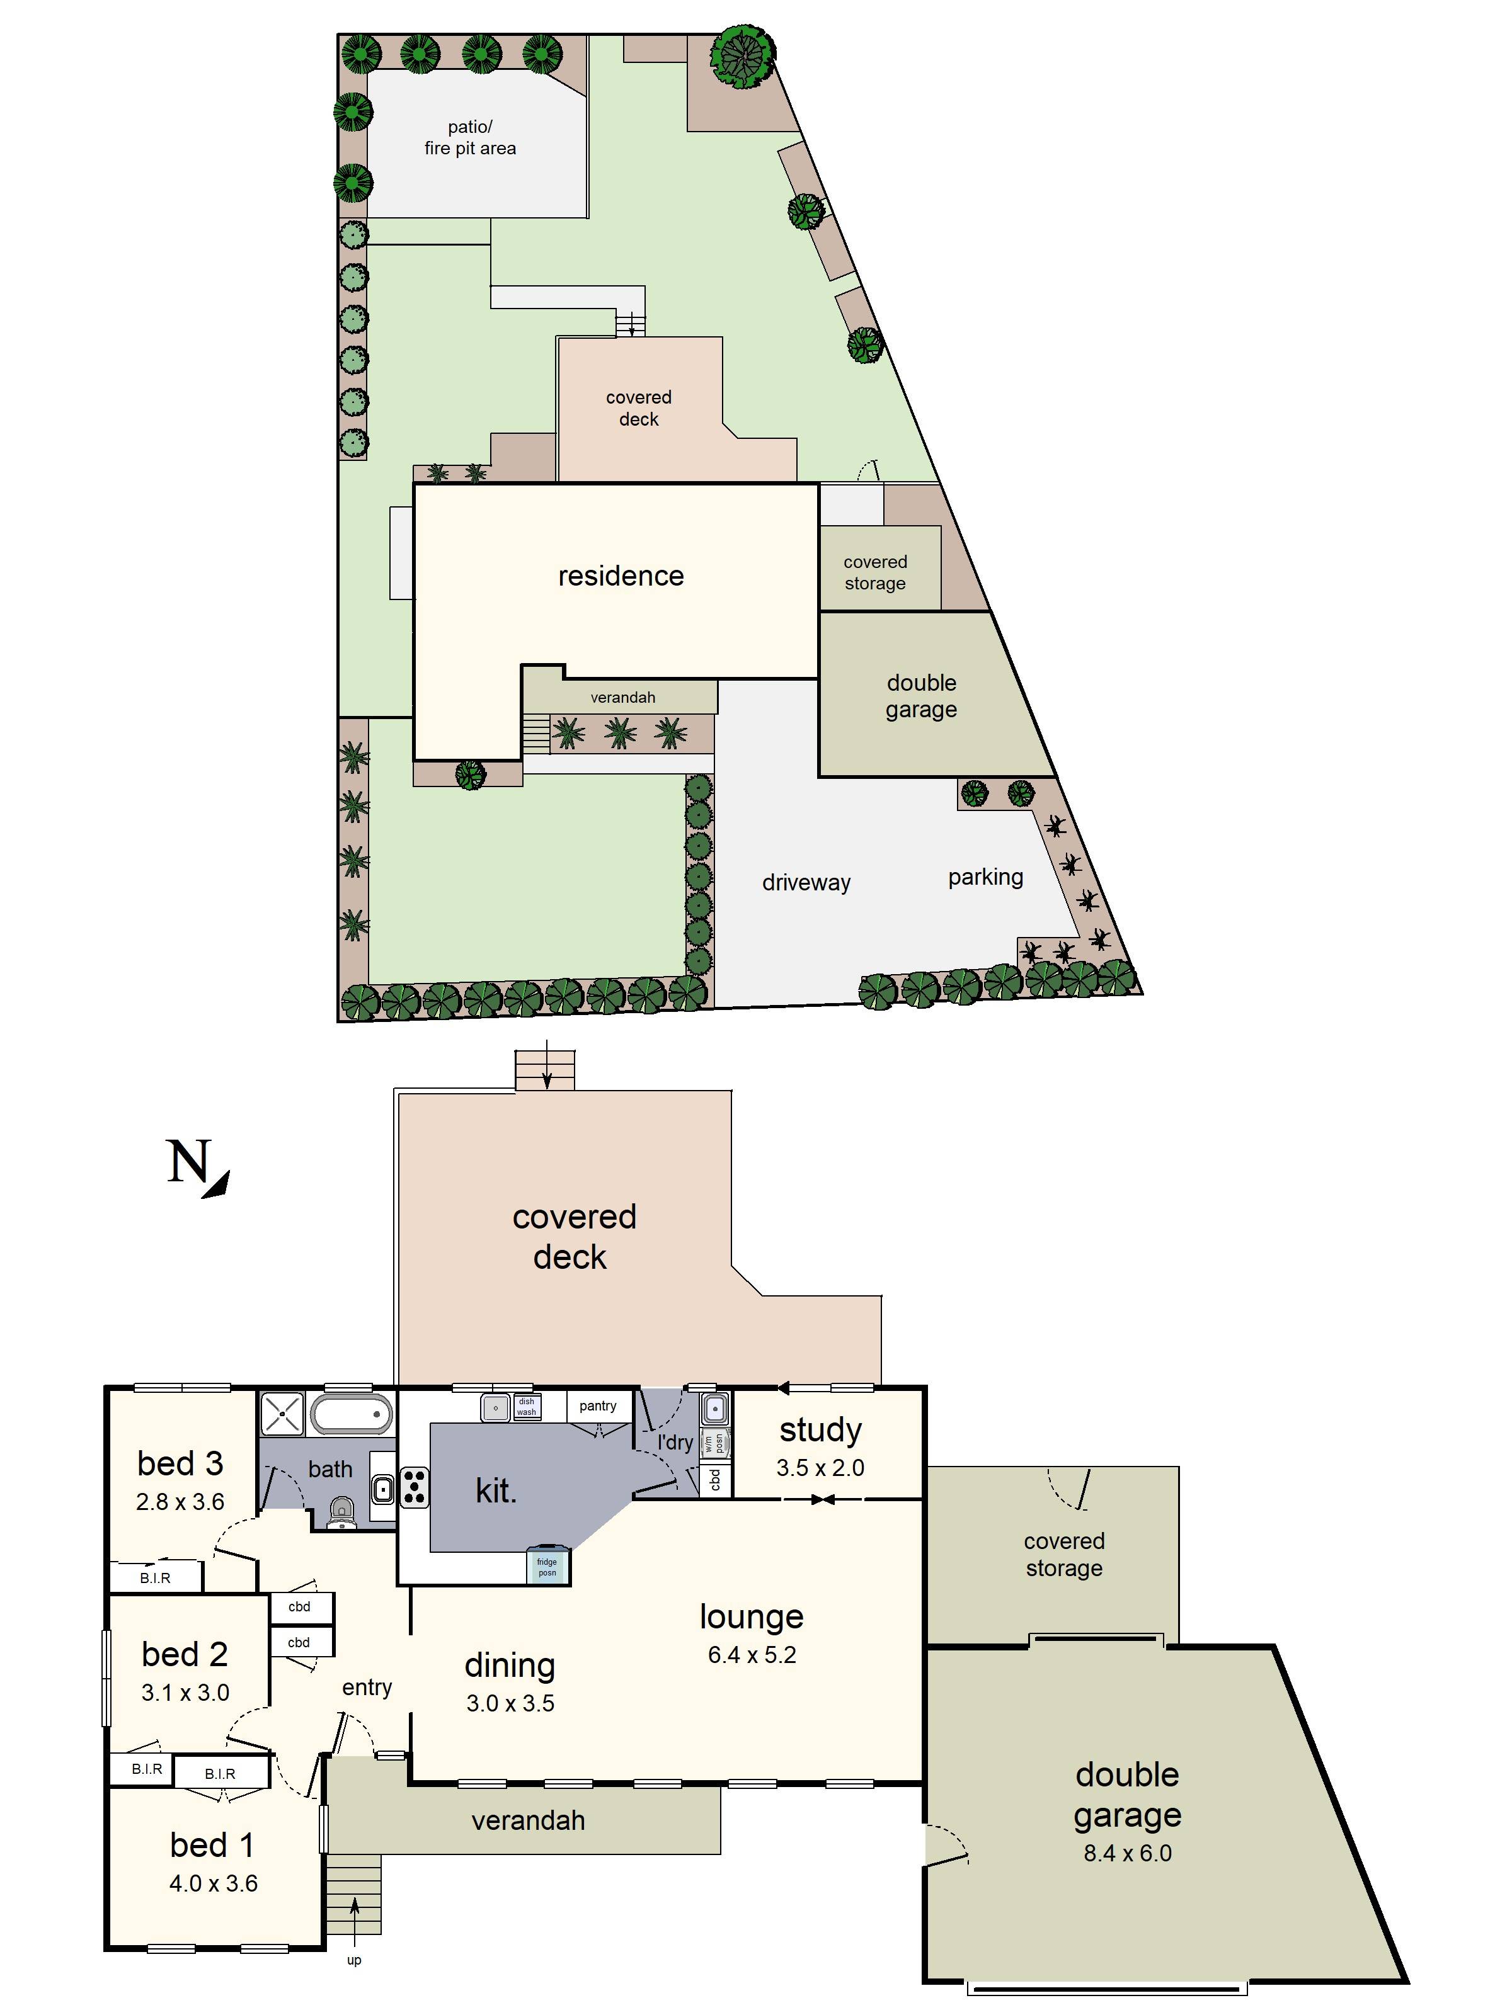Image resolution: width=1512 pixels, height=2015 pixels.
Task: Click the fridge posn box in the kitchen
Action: [547, 1567]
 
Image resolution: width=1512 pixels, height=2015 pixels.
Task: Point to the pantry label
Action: [598, 1405]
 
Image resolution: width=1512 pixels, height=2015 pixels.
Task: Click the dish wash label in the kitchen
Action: [527, 1407]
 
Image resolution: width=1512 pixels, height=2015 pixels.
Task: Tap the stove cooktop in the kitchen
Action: [415, 1487]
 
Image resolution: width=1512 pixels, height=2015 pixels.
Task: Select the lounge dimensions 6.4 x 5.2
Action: [752, 1655]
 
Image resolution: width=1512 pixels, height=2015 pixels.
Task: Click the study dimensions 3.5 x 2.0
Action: [820, 1468]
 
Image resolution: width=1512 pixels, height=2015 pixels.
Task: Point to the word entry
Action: [367, 1687]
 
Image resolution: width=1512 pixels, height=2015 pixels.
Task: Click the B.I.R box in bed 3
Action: [155, 1578]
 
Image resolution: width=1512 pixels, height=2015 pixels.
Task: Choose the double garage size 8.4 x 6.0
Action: [1128, 1853]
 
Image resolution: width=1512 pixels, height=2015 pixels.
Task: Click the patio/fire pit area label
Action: [470, 137]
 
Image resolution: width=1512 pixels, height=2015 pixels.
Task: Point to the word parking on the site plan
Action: [985, 877]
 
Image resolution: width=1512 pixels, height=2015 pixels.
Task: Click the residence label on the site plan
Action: [621, 576]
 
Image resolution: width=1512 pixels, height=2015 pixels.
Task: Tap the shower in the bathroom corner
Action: [282, 1413]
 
